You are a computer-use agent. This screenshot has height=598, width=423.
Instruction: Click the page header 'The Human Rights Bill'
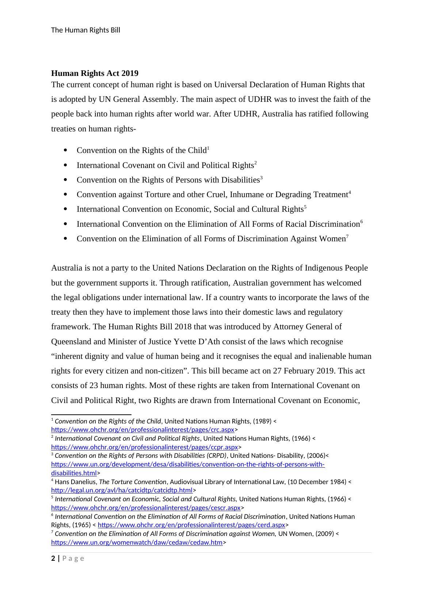pyautogui.click(x=85, y=30)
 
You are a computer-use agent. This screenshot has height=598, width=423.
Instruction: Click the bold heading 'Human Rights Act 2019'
pyautogui.click(x=95, y=73)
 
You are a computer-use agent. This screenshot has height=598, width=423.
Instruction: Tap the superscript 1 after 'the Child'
pyautogui.click(x=208, y=148)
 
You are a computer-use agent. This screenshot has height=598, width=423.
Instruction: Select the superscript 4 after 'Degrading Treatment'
pyautogui.click(x=350, y=192)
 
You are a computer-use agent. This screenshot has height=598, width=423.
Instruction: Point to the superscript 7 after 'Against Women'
pyautogui.click(x=347, y=236)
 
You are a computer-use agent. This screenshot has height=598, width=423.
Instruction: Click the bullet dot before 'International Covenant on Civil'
pyautogui.click(x=65, y=165)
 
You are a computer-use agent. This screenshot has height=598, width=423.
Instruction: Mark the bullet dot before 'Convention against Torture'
pyautogui.click(x=65, y=195)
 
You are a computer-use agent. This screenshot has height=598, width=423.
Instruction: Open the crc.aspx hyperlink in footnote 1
pyautogui.click(x=142, y=430)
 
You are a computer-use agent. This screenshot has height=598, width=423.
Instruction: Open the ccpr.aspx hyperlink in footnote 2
pyautogui.click(x=144, y=447)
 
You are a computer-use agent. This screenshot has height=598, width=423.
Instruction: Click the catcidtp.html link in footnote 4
pyautogui.click(x=122, y=490)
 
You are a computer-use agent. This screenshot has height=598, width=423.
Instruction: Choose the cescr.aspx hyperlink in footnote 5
pyautogui.click(x=146, y=508)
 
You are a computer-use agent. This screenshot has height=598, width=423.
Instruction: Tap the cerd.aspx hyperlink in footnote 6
pyautogui.click(x=191, y=525)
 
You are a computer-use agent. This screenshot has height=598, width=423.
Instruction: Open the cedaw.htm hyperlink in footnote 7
pyautogui.click(x=137, y=543)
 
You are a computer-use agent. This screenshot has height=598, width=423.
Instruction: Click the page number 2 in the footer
pyautogui.click(x=53, y=559)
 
